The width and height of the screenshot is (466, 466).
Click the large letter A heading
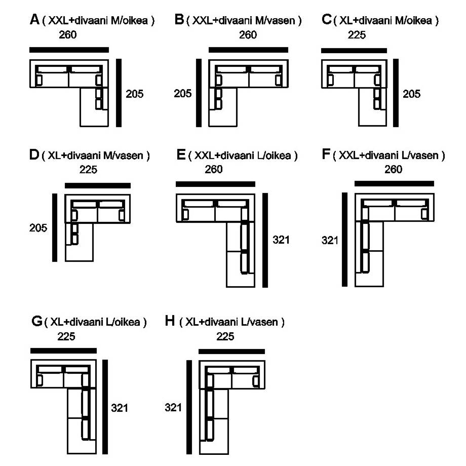[34, 20]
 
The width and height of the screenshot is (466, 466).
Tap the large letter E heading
[181, 154]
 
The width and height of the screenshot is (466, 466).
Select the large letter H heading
[170, 321]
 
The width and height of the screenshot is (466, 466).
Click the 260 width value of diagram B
[248, 35]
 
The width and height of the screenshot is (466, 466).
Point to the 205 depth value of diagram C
[412, 94]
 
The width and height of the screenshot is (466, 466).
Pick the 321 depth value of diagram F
[330, 240]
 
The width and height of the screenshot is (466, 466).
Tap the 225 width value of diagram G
[66, 336]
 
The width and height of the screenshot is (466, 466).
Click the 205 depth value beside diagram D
[38, 228]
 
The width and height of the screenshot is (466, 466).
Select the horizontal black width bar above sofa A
[69, 50]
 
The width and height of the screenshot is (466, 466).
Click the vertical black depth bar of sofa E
[265, 240]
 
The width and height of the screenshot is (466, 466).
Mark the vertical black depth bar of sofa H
[189, 407]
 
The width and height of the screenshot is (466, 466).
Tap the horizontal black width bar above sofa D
[98, 185]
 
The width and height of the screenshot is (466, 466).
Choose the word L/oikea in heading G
[123, 322]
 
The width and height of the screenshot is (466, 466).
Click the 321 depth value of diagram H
[173, 407]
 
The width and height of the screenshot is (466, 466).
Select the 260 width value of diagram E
[214, 169]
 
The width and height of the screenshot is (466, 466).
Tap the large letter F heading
[326, 154]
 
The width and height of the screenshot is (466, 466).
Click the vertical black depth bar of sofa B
[199, 93]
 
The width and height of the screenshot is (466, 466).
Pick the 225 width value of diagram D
[88, 170]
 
